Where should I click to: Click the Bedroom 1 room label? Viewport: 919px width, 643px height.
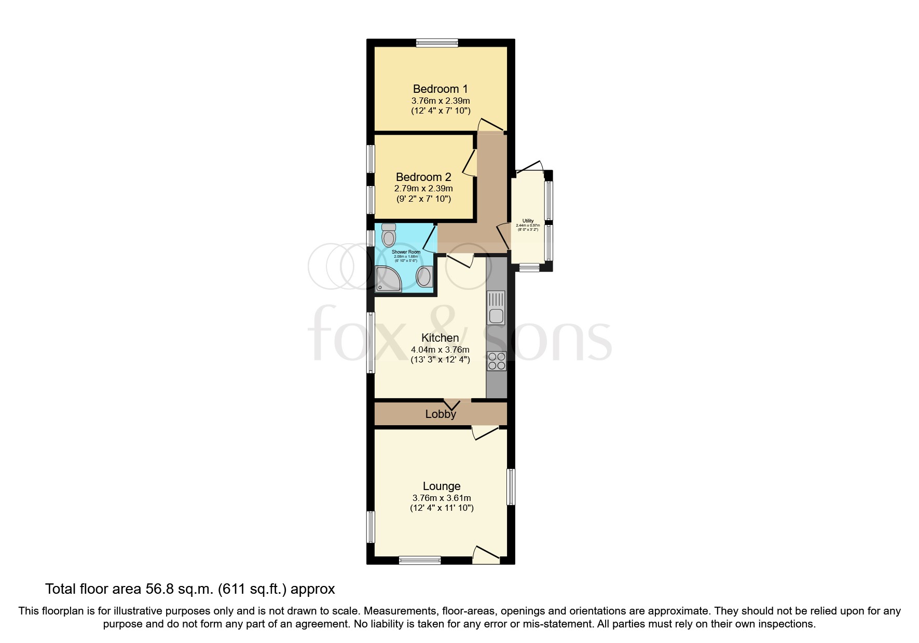click(x=440, y=89)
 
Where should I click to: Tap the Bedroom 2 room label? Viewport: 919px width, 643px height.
click(x=423, y=177)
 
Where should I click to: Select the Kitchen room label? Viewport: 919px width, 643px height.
click(x=440, y=338)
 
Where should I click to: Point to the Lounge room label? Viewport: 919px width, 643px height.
click(x=442, y=486)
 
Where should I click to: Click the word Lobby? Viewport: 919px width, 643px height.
click(x=441, y=414)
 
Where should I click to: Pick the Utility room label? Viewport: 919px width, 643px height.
click(x=528, y=221)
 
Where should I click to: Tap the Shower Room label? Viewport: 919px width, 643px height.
click(x=406, y=252)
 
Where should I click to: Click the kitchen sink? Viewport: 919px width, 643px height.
click(x=496, y=308)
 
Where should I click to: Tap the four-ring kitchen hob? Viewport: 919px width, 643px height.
click(x=497, y=361)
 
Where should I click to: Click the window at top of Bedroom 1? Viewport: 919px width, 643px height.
click(x=436, y=44)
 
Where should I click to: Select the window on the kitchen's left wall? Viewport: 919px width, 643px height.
click(x=371, y=342)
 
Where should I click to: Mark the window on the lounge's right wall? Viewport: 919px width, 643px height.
click(x=511, y=487)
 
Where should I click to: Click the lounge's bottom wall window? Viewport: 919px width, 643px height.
click(x=419, y=560)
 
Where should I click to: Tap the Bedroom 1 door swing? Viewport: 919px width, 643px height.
click(x=490, y=125)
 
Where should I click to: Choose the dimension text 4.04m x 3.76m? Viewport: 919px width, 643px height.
click(x=440, y=350)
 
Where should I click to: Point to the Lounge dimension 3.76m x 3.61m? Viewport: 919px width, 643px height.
click(x=442, y=498)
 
